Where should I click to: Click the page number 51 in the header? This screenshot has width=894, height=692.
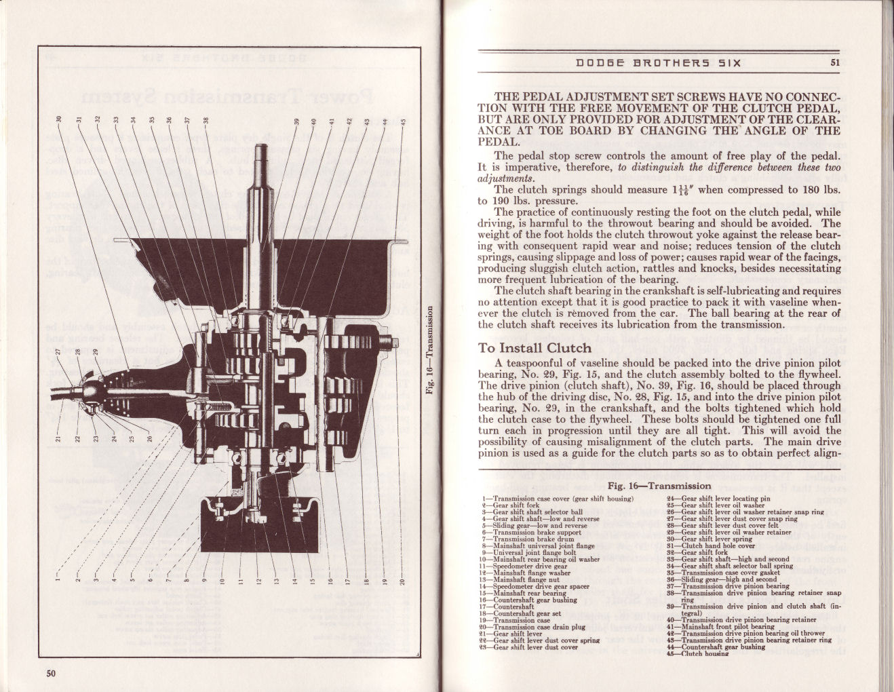834,64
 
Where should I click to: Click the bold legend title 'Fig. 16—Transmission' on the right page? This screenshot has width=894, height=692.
650,486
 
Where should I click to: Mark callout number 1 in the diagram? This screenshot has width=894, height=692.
59,579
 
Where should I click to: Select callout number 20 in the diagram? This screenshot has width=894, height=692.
402,581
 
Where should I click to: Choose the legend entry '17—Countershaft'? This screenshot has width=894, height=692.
513,607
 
